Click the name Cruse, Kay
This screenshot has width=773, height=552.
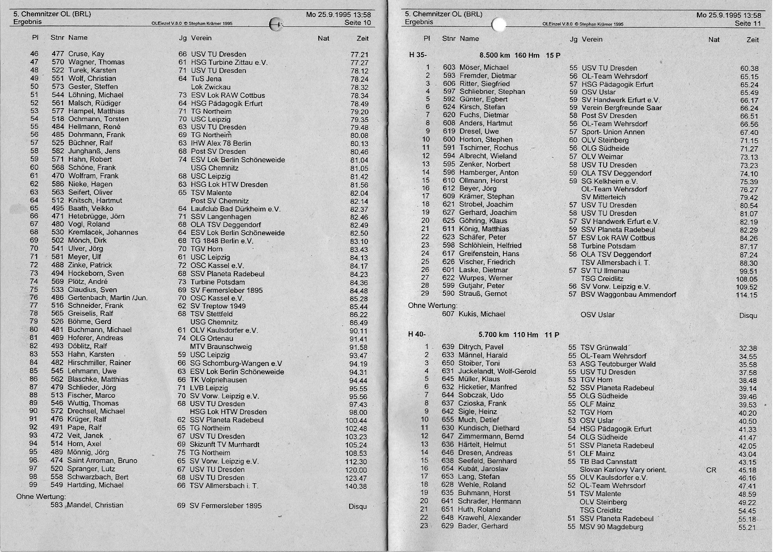(86, 54)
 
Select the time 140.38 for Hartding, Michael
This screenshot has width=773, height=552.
(356, 486)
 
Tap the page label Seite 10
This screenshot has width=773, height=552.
(358, 22)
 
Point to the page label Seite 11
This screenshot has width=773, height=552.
(748, 23)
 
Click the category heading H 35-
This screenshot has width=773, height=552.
(418, 55)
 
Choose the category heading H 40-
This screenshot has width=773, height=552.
(417, 335)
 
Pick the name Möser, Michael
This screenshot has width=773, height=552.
(477, 67)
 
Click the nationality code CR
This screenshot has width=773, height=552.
(711, 470)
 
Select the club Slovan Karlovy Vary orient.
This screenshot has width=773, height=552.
(623, 470)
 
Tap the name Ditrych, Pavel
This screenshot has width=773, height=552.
(481, 347)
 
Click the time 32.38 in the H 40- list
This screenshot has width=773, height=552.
(748, 348)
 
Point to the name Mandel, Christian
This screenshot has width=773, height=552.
(96, 505)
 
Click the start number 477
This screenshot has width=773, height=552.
(58, 54)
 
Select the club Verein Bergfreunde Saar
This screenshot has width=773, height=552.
(621, 108)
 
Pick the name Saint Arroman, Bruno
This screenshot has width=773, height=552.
(102, 460)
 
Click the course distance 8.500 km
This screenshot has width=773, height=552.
(494, 55)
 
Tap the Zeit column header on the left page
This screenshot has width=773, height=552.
(363, 38)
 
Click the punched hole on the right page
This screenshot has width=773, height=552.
(498, 25)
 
